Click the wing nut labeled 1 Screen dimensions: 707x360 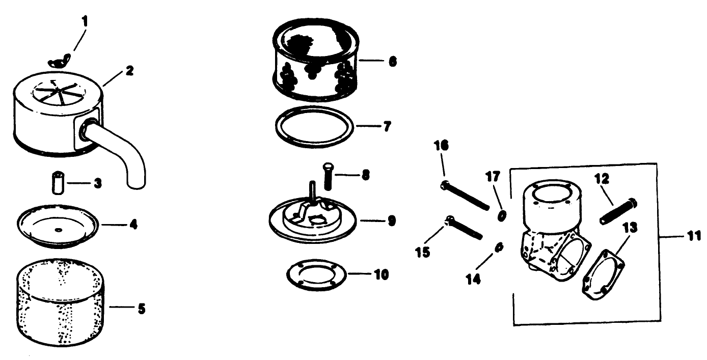pos(59,60)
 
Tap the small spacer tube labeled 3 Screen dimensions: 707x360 pos(58,183)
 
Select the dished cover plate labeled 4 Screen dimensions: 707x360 pos(58,226)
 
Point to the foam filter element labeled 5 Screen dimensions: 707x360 pos(60,302)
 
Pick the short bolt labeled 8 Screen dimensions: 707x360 pos(328,176)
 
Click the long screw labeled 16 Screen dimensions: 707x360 pos(465,196)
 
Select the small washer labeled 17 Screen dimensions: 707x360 pos(501,216)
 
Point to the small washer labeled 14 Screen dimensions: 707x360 pos(499,247)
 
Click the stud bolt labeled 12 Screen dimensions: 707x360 pos(618,211)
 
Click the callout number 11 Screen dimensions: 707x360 pos(694,236)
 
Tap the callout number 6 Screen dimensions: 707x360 pos(392,62)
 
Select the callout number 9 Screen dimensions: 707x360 pos(391,221)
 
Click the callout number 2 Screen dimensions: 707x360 pos(129,71)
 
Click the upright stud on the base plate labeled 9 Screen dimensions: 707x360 pos(312,191)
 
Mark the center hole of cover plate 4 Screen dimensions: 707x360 pos(59,230)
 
